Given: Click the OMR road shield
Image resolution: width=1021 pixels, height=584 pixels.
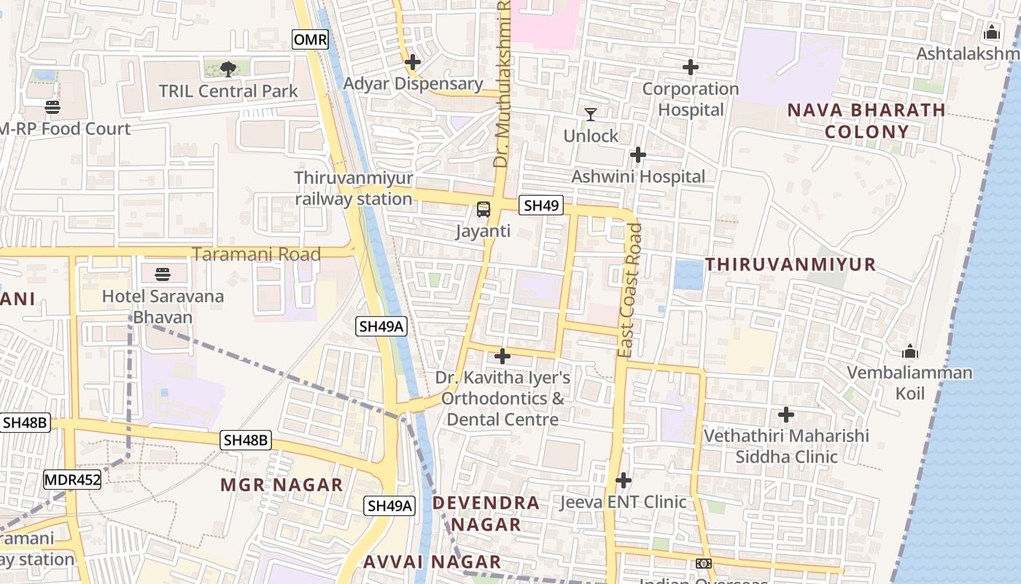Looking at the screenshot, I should (310, 39).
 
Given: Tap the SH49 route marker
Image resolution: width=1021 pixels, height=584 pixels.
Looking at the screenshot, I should (541, 206).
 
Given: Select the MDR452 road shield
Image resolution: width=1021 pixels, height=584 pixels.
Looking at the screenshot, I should (71, 480).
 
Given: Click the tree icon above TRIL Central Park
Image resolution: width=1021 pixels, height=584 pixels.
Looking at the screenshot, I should (228, 69).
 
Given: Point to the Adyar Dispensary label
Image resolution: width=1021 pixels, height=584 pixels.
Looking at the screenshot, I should (413, 84).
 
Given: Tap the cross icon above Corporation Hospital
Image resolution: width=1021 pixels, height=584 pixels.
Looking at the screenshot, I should (690, 68).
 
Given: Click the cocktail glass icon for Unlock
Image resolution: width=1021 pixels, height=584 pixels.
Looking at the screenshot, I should (591, 115).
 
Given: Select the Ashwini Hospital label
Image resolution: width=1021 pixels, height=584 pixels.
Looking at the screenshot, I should (638, 177).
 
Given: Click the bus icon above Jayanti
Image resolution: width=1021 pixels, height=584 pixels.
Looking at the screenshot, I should (483, 210).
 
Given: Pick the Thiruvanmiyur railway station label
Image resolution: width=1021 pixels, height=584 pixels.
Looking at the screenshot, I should (354, 188).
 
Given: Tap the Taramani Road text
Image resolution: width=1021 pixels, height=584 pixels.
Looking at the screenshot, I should (256, 254).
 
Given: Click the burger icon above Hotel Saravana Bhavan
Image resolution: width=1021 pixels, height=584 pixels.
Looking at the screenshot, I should (162, 274).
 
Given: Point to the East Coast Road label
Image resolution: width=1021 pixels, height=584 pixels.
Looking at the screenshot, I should (630, 291).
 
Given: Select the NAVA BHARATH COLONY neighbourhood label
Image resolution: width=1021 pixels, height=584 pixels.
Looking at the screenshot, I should (866, 121).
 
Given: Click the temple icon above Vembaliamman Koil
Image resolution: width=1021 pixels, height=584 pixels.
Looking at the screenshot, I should (909, 351).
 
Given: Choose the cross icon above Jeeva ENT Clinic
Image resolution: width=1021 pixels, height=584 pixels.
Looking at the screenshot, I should (623, 481).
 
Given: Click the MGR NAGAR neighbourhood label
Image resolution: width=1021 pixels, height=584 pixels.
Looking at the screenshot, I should (282, 485).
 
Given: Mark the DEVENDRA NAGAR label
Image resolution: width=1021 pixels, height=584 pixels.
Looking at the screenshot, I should (486, 513).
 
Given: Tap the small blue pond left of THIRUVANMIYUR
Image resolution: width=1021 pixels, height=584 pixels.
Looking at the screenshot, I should (688, 274).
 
